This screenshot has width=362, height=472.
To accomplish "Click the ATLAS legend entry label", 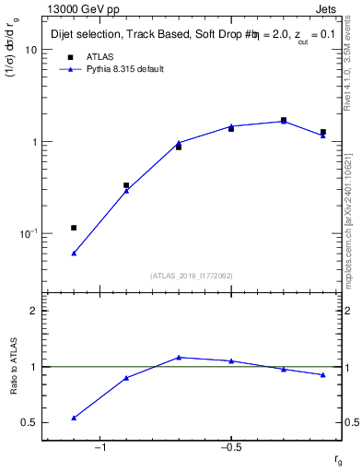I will click(x=100, y=56).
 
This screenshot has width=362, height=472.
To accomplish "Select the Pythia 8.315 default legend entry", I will click(x=123, y=69).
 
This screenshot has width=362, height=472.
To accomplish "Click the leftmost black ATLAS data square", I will click(x=74, y=228).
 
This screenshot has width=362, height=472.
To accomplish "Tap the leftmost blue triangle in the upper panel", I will click(x=74, y=253).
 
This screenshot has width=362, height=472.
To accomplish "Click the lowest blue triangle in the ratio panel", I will click(x=74, y=418).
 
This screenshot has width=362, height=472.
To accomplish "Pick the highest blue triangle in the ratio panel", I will click(x=179, y=357).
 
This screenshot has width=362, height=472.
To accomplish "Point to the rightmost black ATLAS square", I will click(x=323, y=132).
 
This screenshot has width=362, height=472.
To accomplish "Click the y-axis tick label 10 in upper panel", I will click(x=30, y=50).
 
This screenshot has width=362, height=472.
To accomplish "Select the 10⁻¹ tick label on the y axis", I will click(x=28, y=234).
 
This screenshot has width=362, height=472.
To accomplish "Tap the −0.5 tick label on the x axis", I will click(x=230, y=448).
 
